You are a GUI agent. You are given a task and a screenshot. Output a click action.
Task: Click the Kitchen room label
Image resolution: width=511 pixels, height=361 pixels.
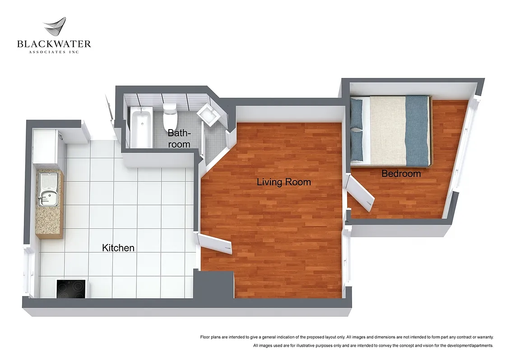118,248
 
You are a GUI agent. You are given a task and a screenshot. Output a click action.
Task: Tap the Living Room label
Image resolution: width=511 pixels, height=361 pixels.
283,182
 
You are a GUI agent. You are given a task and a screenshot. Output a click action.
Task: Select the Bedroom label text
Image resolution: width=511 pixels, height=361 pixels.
401,173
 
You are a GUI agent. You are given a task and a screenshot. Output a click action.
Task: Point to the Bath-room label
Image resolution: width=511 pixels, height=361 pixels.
179,139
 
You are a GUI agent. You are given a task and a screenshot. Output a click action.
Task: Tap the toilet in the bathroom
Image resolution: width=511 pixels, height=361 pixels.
170,116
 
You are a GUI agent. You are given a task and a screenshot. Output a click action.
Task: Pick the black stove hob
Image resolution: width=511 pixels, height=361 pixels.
71,289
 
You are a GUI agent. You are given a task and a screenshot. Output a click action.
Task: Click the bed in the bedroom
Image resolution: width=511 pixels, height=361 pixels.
391,130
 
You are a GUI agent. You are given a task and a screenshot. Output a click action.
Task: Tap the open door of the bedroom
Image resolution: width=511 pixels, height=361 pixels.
362,194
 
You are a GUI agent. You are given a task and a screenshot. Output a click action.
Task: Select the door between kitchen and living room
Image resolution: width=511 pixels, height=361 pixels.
216,244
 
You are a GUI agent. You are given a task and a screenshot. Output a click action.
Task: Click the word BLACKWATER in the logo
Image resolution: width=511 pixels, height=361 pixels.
54,44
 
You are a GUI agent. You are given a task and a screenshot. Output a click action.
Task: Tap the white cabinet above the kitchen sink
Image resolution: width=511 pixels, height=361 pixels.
46,147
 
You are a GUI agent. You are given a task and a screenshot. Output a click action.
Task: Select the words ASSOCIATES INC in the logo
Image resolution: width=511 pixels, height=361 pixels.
54,52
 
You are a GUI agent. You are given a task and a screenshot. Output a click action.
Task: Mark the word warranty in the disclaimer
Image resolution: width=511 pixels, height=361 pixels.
484,337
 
